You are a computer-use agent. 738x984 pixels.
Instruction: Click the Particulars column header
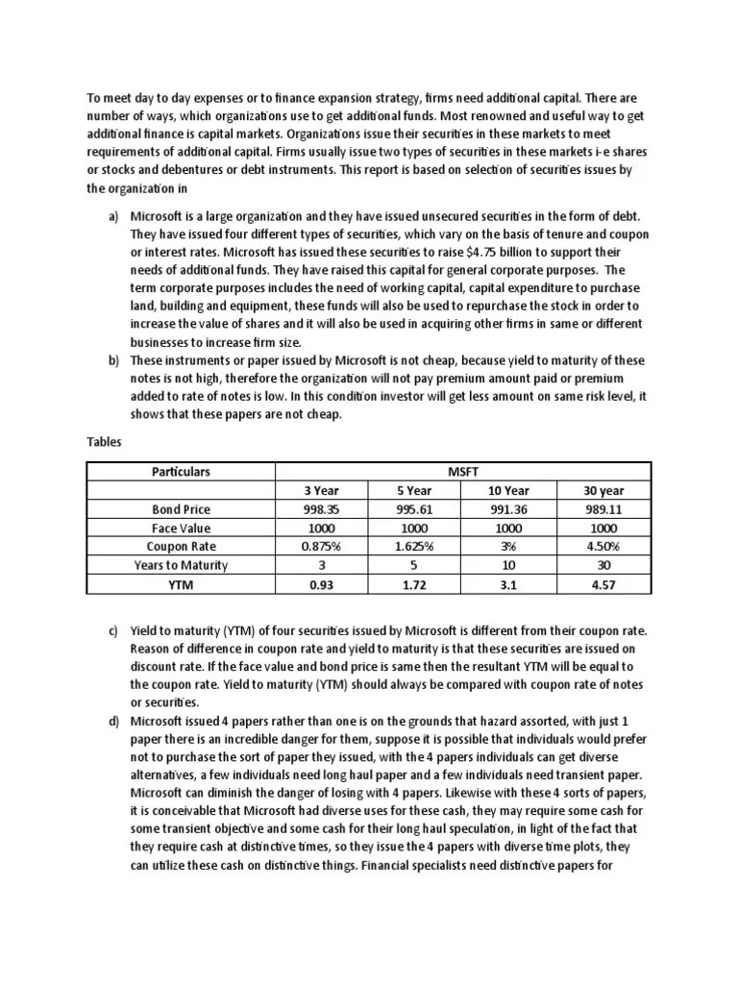[x=181, y=472]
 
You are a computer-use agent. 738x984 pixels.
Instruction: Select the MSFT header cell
[x=463, y=472]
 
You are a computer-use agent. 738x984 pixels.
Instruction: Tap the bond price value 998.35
[x=323, y=509]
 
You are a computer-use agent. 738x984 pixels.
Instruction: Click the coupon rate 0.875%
[x=323, y=547]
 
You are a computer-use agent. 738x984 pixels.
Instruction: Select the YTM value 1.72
[x=416, y=584]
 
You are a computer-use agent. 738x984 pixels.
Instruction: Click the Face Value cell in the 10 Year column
[x=509, y=529]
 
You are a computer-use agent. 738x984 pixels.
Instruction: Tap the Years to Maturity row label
[x=181, y=566]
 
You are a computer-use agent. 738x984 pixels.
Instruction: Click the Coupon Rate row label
[x=181, y=547]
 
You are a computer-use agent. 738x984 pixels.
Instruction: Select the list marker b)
[x=112, y=360]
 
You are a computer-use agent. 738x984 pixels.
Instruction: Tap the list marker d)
[x=112, y=721]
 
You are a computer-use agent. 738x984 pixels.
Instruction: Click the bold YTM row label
[x=181, y=584]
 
